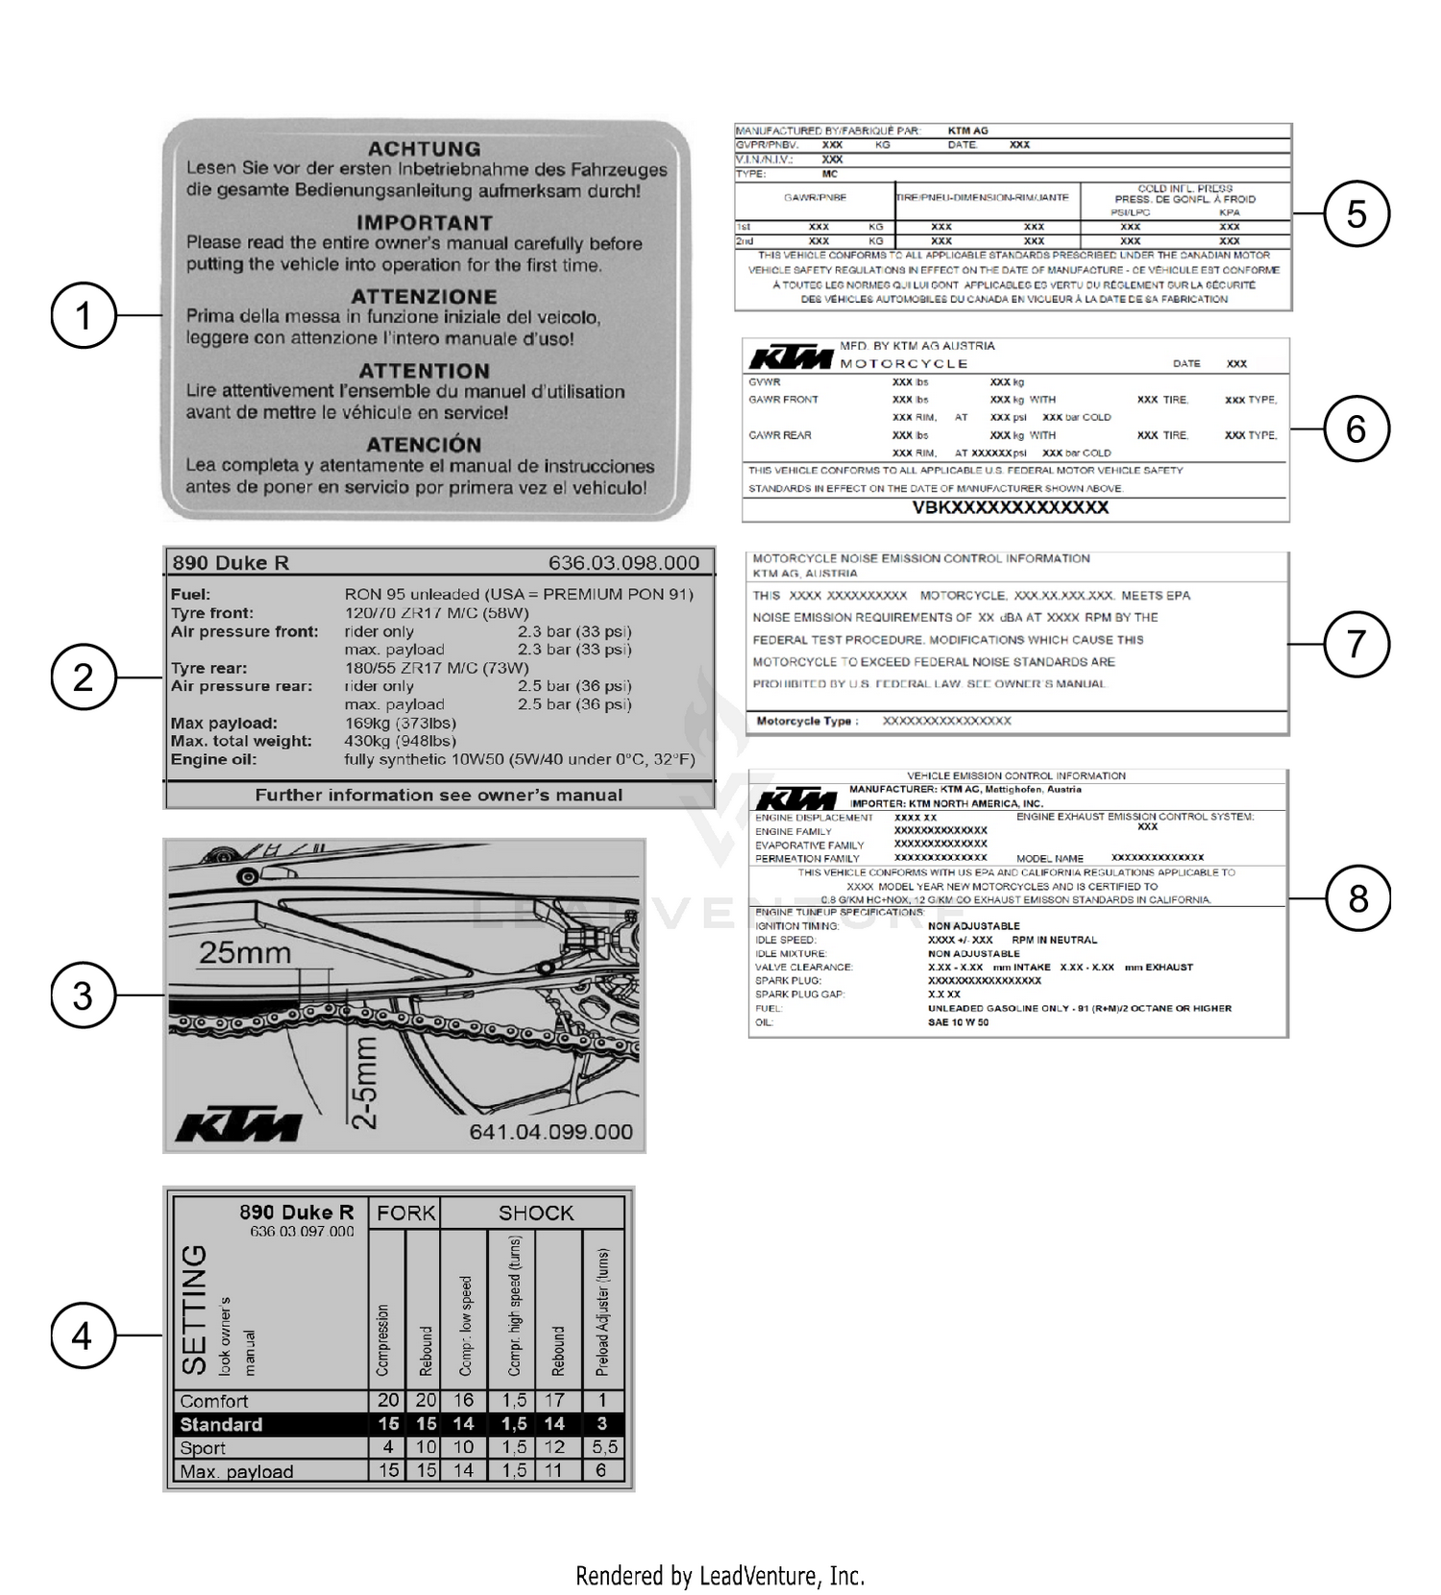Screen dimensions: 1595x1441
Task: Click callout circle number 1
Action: coord(84,315)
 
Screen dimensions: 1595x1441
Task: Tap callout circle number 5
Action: coord(1356,213)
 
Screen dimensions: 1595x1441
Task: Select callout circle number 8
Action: coord(1356,898)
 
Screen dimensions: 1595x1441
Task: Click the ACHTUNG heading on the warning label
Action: coord(424,149)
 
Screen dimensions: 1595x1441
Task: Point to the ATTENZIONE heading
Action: coord(424,297)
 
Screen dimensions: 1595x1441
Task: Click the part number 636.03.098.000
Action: coord(623,563)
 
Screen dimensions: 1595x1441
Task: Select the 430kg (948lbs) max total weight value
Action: coord(400,741)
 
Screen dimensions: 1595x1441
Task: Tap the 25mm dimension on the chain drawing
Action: coord(244,953)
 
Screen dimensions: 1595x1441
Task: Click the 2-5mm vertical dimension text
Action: coord(365,1082)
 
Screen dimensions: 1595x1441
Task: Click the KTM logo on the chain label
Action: coord(238,1126)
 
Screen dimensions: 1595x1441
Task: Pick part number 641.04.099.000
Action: coord(550,1132)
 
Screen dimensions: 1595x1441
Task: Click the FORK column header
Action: coord(405,1213)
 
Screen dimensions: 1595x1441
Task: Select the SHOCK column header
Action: coord(535,1213)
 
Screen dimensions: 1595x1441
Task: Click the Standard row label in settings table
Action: coord(221,1424)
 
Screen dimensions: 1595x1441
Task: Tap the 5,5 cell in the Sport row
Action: coord(604,1447)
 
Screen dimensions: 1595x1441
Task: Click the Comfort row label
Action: coord(213,1401)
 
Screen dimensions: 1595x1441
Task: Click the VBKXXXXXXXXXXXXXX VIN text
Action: coord(1010,507)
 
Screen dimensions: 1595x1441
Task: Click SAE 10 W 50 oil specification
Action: coord(958,1022)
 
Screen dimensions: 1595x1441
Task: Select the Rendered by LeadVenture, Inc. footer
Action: coord(720,1576)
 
